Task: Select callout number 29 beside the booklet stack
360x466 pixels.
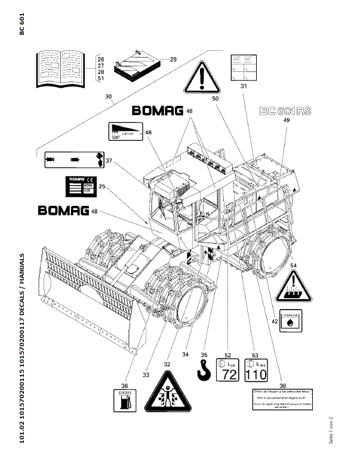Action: (173, 59)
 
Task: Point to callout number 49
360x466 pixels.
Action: (286, 121)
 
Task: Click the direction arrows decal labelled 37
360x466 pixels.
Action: (71, 160)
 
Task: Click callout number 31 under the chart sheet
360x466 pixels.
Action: (244, 87)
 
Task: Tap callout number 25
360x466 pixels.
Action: (102, 187)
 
